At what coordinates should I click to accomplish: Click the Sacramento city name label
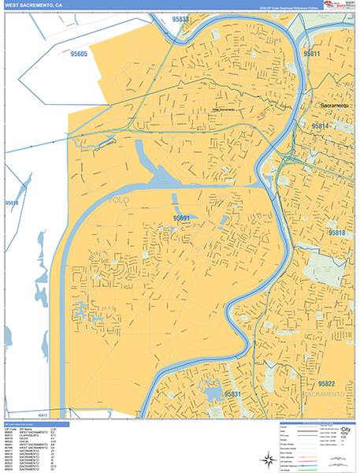click(336, 105)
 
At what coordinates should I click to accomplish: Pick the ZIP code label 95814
click(321, 125)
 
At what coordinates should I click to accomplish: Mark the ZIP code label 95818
click(336, 233)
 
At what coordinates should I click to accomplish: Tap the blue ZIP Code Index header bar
click(35, 423)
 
